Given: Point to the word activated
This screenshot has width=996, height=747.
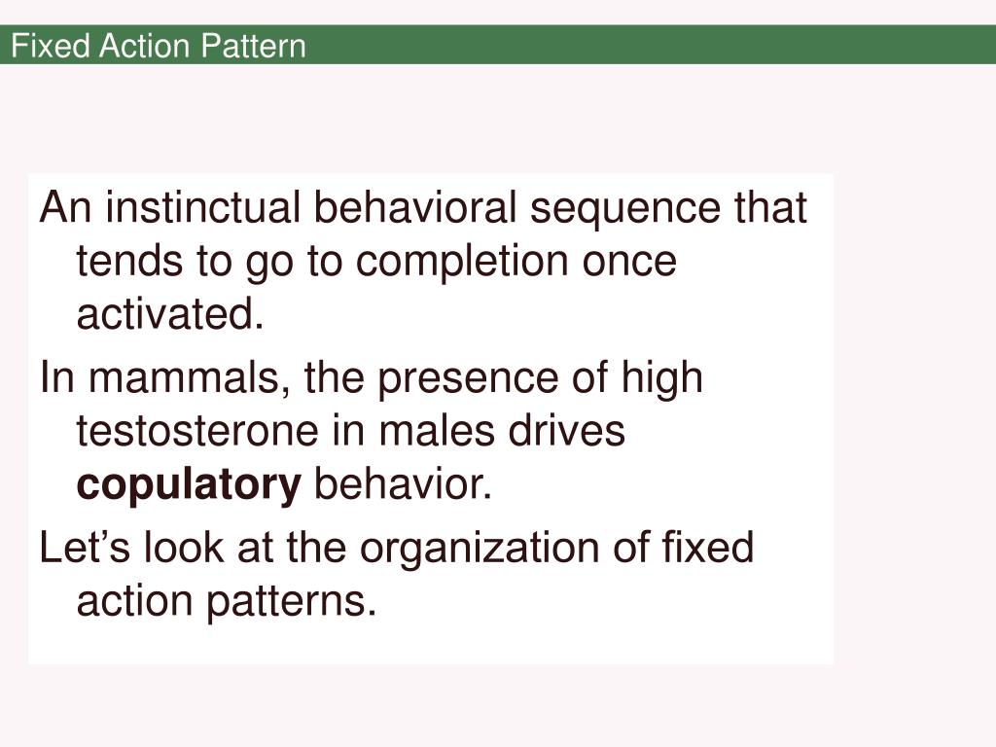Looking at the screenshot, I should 170,315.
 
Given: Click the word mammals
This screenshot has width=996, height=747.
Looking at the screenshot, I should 191,377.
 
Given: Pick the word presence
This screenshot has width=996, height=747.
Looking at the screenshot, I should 451,377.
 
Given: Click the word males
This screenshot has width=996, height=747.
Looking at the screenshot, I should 432,431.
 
